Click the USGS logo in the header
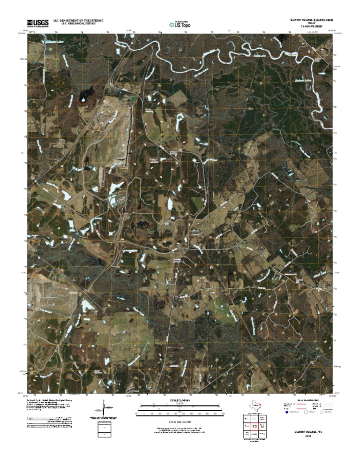click(x=37, y=23)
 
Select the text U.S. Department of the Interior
click(x=79, y=21)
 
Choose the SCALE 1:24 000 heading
click(x=180, y=401)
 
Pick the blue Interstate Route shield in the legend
click(x=286, y=412)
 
